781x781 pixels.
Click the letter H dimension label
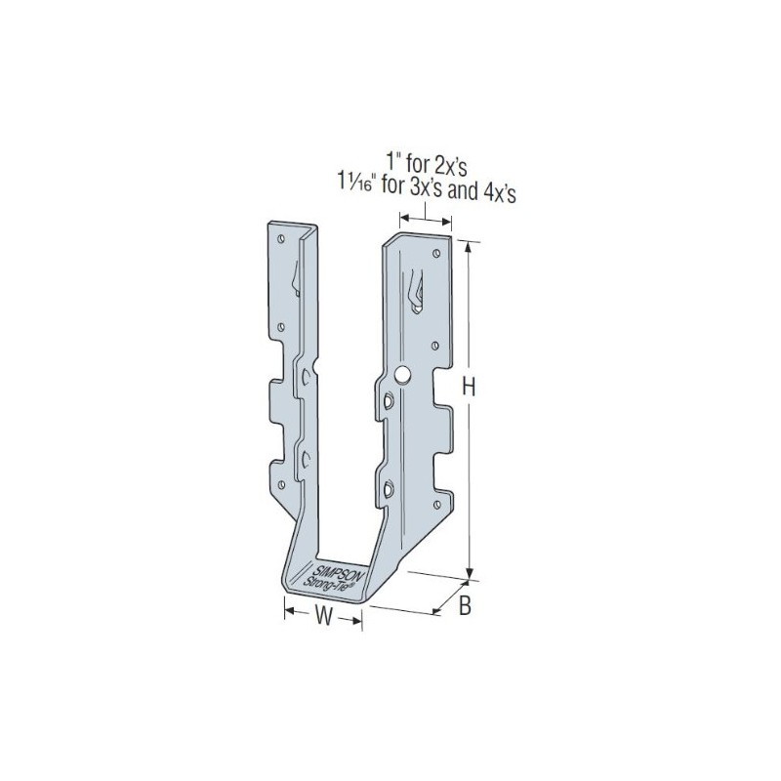click(469, 386)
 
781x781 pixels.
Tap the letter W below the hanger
click(323, 618)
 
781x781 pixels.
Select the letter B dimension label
click(465, 606)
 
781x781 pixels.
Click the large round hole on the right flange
click(401, 374)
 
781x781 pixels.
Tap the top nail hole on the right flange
click(436, 254)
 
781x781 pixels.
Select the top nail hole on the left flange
click(281, 239)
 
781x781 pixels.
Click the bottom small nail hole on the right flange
click(436, 505)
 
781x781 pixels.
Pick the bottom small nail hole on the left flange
click(281, 484)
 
